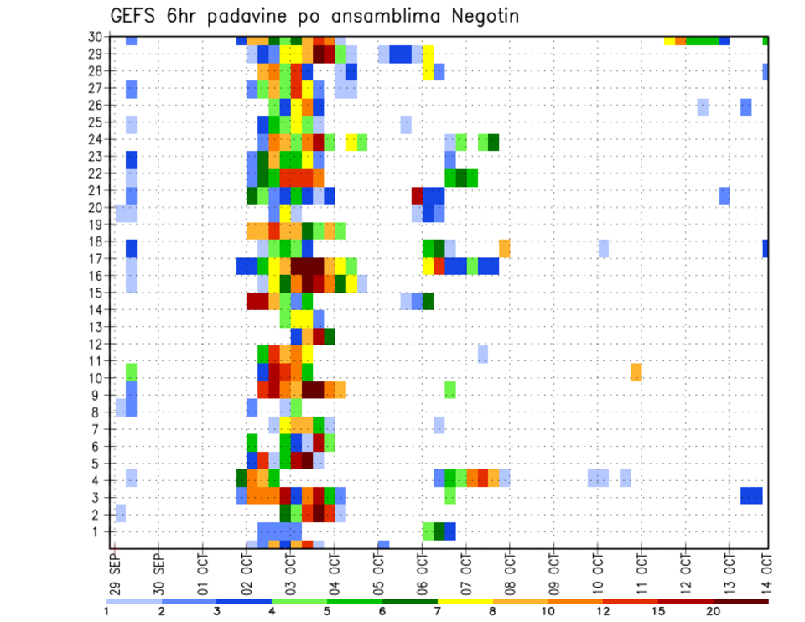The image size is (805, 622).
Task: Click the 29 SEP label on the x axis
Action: pyautogui.click(x=114, y=569)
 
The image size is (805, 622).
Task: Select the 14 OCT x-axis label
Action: pyautogui.click(x=767, y=569)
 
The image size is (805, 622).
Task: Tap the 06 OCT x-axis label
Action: pyautogui.click(x=422, y=569)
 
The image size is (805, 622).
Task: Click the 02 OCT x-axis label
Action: pyautogui.click(x=246, y=569)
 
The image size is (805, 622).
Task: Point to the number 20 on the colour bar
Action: pyautogui.click(x=714, y=611)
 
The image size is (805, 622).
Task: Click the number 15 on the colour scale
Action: pyautogui.click(x=661, y=611)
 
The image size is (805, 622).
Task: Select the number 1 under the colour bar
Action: pyautogui.click(x=106, y=611)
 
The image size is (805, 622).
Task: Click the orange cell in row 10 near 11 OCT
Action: pyautogui.click(x=636, y=371)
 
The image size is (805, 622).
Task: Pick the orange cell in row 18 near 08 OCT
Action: pyautogui.click(x=505, y=248)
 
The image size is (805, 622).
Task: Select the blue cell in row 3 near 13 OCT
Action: pyautogui.click(x=751, y=495)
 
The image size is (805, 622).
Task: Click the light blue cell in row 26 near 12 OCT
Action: pyautogui.click(x=703, y=106)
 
